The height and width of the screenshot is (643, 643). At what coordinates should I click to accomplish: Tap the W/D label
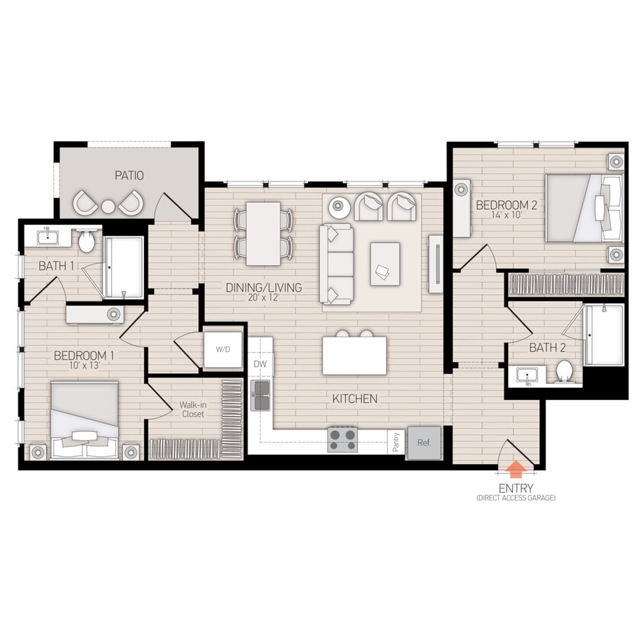[222, 350]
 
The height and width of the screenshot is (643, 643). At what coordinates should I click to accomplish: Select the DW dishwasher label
[261, 364]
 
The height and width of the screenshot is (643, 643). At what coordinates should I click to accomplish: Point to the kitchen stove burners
[343, 439]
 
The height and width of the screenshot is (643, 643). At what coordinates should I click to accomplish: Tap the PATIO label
[130, 175]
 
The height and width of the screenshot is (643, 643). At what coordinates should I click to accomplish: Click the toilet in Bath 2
[565, 371]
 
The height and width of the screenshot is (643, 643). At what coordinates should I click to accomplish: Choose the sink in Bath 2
[526, 375]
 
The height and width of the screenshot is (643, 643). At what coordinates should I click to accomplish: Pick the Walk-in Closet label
[193, 410]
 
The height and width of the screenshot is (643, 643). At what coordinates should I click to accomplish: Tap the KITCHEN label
[354, 398]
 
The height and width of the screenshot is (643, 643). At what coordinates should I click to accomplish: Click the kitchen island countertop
[354, 355]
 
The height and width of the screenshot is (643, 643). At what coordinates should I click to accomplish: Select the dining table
[264, 232]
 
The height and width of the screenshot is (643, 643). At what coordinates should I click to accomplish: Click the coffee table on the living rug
[385, 264]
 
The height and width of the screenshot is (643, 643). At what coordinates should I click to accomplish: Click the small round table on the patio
[108, 205]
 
